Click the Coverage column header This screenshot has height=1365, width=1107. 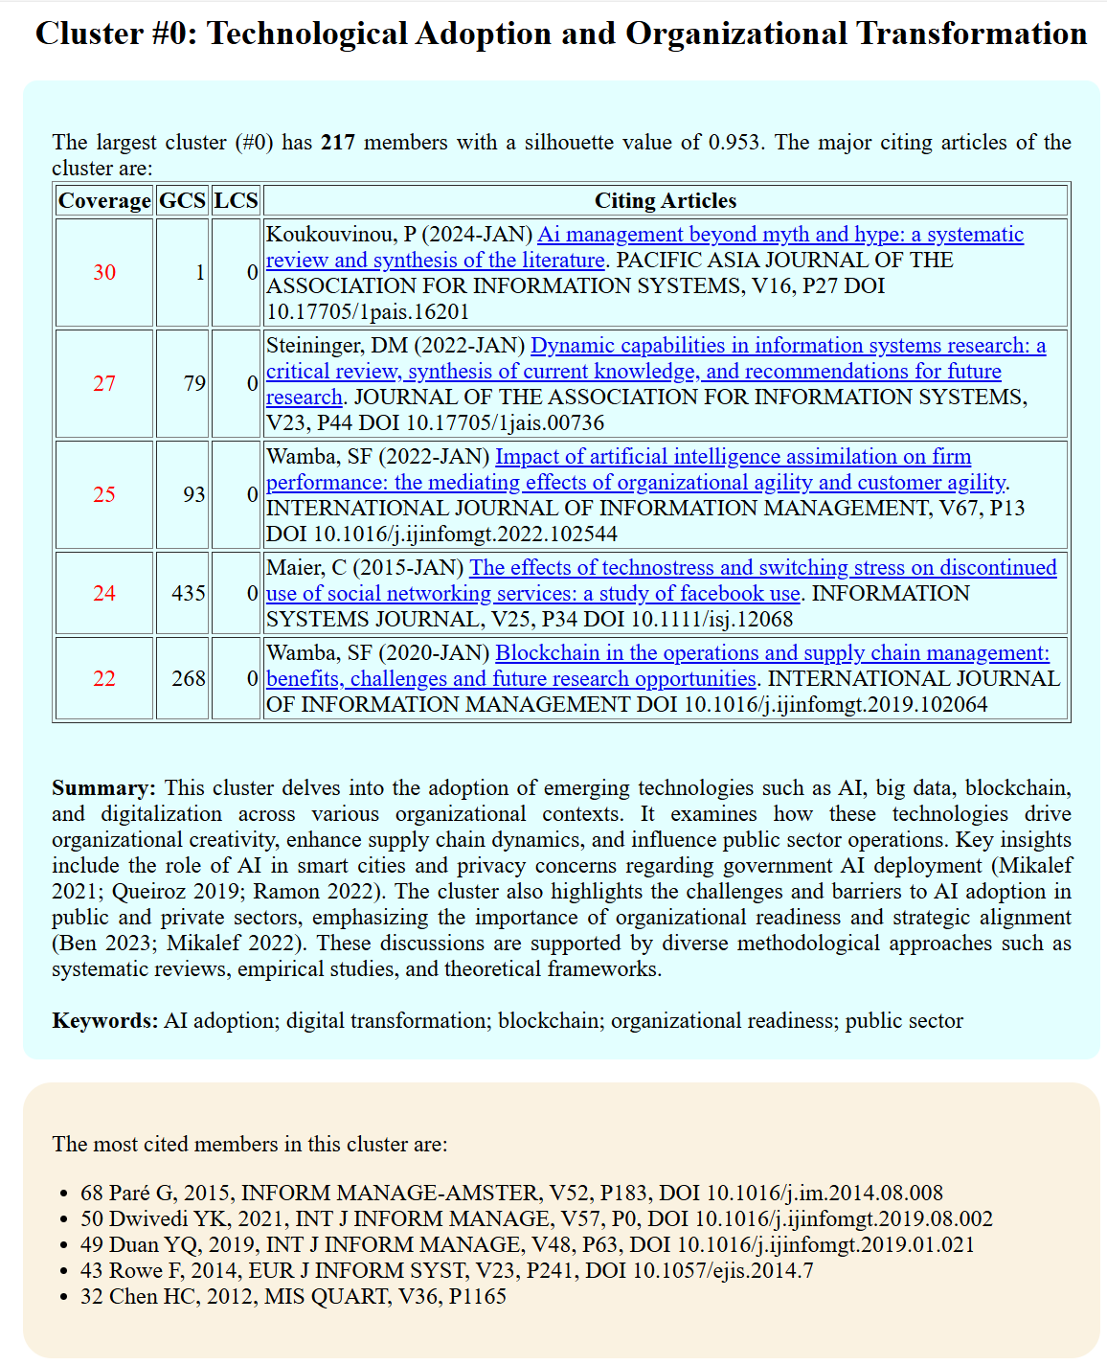pos(104,200)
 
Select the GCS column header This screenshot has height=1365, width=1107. pos(182,200)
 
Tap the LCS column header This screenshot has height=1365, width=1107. pos(236,200)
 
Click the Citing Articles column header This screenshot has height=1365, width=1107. pos(666,200)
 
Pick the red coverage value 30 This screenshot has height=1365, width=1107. pos(104,272)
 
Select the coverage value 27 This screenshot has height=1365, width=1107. pos(104,383)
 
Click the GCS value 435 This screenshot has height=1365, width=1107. pos(189,593)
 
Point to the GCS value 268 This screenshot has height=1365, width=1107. pos(189,678)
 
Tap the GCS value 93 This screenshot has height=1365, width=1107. pos(194,494)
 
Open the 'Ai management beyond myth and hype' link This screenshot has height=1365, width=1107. pos(780,235)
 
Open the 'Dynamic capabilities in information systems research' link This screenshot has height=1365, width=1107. pos(788,346)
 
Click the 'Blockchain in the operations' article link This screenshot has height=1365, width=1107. pos(772,653)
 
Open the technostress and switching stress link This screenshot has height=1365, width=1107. pos(762,568)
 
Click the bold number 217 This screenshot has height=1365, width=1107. pos(338,143)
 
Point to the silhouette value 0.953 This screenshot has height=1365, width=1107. pos(734,143)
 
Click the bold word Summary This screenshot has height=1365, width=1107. pos(103,788)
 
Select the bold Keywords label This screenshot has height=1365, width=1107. pos(105,1021)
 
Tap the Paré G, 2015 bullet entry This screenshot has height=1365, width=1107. pos(511,1193)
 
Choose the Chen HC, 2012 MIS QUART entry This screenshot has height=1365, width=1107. pos(293,1296)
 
